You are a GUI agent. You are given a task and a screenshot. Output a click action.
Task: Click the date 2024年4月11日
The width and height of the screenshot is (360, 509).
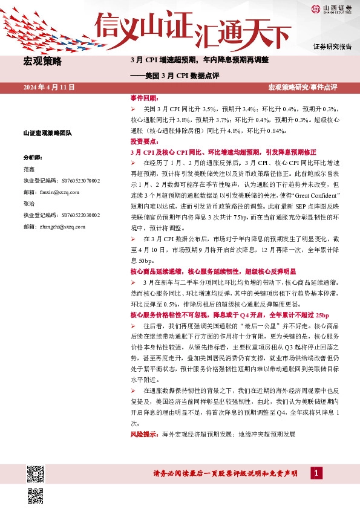[x=48, y=87]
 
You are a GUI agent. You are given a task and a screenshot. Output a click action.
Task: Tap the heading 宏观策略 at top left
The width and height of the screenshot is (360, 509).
[x=41, y=60]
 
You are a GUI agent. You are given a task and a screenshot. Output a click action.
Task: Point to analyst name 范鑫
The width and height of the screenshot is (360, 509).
[x=28, y=169]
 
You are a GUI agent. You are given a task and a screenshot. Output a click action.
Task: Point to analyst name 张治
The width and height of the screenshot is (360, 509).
[x=28, y=203]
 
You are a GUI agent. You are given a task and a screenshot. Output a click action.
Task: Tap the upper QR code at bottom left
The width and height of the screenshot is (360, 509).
[x=35, y=473]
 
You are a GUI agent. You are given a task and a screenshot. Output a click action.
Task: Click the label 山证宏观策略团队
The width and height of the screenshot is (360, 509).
[x=47, y=133]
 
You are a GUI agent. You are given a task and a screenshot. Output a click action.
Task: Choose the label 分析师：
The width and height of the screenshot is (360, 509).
[x=31, y=157]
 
